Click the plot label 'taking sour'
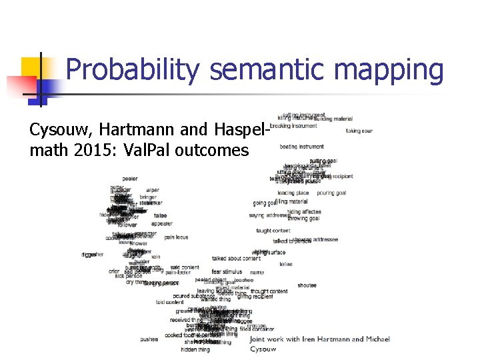[x=359, y=131]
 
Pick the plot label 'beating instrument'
[x=301, y=147]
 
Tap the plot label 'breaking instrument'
[x=293, y=125]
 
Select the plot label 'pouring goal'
[x=331, y=193]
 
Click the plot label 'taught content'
[x=273, y=231]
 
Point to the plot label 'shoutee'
[x=307, y=285]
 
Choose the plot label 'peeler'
[x=130, y=179]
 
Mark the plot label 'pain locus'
[x=177, y=237]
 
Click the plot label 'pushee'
[x=149, y=339]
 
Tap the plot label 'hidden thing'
[x=195, y=349]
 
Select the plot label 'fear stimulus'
[x=227, y=272]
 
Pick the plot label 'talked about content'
[x=236, y=259]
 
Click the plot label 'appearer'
[x=161, y=224]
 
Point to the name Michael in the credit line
[x=377, y=339]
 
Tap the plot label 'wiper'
[x=153, y=190]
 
